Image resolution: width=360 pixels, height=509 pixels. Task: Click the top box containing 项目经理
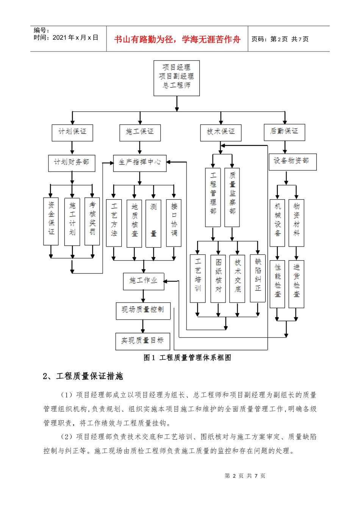176,78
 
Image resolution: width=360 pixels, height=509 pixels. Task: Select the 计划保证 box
72,132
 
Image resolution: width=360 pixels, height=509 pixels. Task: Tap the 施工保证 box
139,132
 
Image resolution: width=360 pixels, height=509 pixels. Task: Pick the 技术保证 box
221,132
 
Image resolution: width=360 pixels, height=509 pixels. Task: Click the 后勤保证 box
284,131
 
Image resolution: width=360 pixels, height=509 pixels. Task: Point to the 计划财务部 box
71,162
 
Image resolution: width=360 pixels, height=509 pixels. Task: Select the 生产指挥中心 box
140,162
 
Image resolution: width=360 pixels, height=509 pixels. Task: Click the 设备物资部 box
292,161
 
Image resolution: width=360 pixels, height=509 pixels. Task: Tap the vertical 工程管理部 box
213,197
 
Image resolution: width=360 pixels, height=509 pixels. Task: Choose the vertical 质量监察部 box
232,197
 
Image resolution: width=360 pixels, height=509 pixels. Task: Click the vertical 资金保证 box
51,221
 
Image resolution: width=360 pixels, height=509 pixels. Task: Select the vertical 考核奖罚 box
92,221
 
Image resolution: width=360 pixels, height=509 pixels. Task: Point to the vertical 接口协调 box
174,223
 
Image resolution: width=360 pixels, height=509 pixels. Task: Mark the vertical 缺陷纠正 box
258,278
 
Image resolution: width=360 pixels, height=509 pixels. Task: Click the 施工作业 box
144,281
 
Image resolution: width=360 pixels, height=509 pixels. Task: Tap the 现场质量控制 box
143,310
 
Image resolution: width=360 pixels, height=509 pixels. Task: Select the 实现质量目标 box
142,341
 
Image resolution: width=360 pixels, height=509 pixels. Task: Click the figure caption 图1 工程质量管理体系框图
187,358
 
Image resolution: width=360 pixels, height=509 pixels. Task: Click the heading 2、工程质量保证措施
83,376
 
